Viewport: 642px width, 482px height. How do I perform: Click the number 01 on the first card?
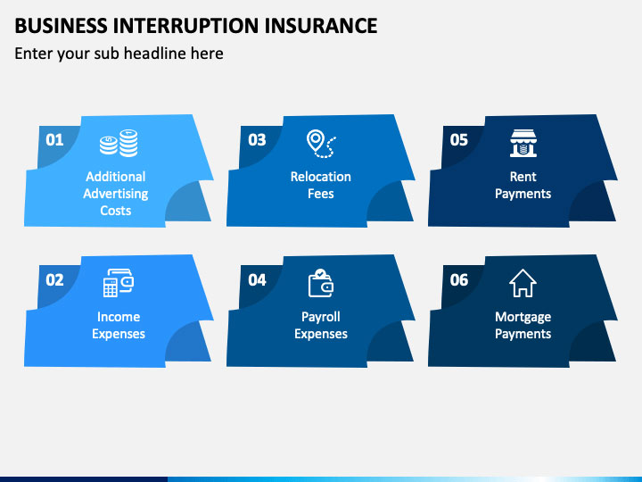tap(54, 140)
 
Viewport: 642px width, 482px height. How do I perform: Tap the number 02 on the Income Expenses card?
tap(54, 280)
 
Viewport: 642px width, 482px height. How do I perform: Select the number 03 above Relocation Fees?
tap(257, 140)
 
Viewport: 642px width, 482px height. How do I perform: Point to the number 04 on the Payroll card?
tap(257, 280)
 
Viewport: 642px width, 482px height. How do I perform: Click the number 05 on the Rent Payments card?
tap(458, 140)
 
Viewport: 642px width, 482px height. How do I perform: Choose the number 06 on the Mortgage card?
tap(458, 280)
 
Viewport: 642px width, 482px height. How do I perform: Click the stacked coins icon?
tap(119, 143)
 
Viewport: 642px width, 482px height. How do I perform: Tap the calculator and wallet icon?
tap(119, 283)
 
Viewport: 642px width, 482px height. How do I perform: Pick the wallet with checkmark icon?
tap(321, 283)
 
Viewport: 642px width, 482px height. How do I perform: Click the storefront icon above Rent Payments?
tap(523, 143)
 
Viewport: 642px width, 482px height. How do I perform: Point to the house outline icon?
tap(523, 283)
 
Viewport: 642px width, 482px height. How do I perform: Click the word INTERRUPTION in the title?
tap(185, 25)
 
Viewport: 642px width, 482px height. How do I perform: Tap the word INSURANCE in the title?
tap(321, 25)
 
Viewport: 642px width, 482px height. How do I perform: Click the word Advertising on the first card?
tap(116, 194)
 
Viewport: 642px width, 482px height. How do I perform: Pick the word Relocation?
tap(321, 177)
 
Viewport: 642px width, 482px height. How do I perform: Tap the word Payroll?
tap(321, 317)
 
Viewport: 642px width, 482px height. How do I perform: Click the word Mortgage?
tap(523, 317)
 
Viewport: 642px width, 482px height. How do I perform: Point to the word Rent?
tap(523, 177)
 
